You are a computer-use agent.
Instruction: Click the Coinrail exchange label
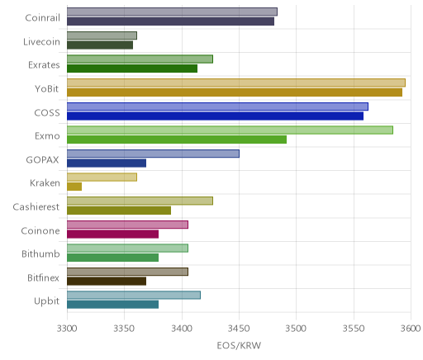pos(42,18)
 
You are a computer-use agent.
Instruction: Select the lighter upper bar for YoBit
pos(236,83)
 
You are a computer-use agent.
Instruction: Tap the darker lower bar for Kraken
pos(74,187)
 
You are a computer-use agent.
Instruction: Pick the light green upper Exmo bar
pos(230,130)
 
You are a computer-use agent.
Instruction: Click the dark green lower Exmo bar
pos(177,140)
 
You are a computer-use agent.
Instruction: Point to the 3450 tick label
pos(239,329)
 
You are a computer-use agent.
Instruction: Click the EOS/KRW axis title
pos(239,345)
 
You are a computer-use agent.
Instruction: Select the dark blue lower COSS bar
pos(215,116)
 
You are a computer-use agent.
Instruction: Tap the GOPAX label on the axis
pos(42,160)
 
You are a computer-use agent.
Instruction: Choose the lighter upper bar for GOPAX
pos(153,154)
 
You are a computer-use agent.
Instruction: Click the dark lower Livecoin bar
pos(100,45)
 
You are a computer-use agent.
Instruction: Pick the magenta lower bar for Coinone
pos(112,234)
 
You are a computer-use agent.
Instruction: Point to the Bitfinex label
pos(43,277)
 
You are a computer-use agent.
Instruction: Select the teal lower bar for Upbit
pos(112,305)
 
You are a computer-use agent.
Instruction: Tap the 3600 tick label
pos(411,329)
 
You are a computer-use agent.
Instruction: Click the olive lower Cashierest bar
pos(119,211)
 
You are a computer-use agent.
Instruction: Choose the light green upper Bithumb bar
pos(127,249)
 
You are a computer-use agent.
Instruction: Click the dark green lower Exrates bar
pos(132,69)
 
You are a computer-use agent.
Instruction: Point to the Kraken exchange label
pos(45,183)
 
